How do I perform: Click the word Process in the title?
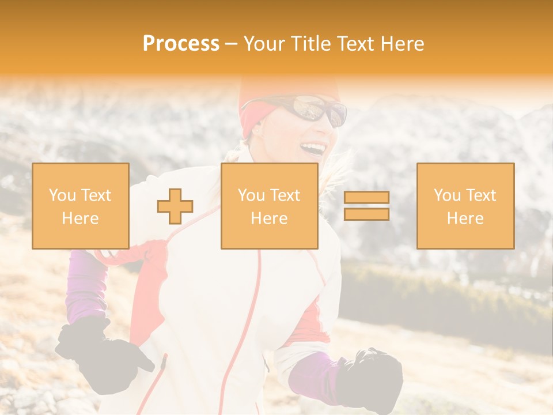click(181, 44)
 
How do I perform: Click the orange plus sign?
click(175, 206)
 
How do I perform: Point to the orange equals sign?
click(366, 206)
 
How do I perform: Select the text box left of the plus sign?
click(80, 206)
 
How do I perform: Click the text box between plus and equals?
click(269, 206)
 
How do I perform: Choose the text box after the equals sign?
click(465, 206)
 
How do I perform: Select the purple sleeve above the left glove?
click(86, 285)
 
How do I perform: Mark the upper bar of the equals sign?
click(366, 197)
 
